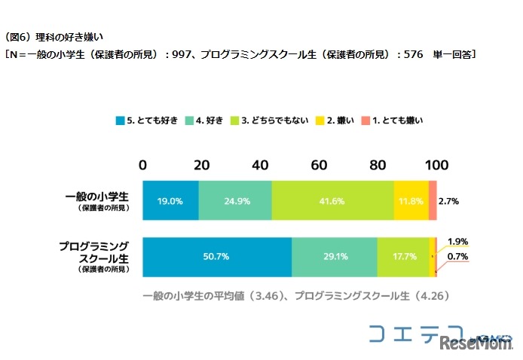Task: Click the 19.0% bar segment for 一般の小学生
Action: [x=170, y=202]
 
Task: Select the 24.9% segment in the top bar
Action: [x=235, y=202]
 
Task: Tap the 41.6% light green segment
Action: [x=332, y=202]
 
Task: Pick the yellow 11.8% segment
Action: [x=411, y=202]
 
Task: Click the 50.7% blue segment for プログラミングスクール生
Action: [x=217, y=257]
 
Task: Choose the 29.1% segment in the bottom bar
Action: [x=335, y=257]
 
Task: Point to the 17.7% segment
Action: [x=403, y=257]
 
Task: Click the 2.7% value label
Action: [x=450, y=202]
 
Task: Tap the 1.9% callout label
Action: [x=457, y=242]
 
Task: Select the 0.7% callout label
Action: [x=457, y=258]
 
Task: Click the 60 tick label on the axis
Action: [x=319, y=166]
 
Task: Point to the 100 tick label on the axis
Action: [x=436, y=166]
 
